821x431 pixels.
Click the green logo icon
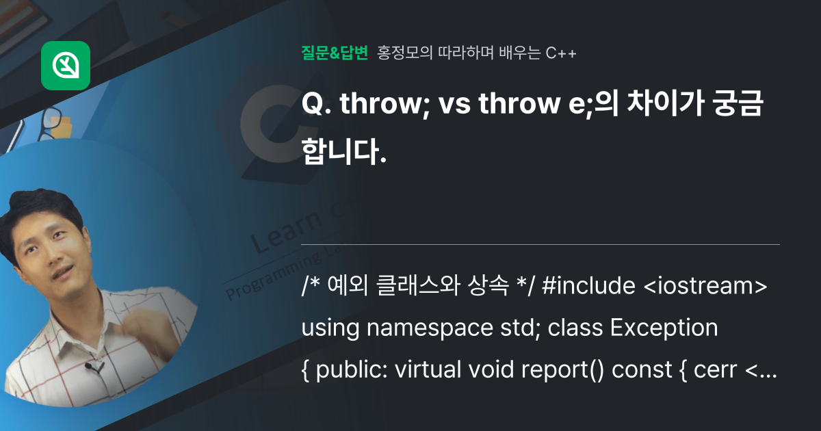[66, 66]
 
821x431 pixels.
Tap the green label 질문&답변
[335, 53]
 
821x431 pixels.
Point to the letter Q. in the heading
[315, 105]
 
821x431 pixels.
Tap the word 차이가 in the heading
[630, 105]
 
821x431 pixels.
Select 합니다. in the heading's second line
[344, 152]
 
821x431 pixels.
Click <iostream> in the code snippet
[705, 287]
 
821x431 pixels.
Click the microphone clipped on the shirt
[91, 368]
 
